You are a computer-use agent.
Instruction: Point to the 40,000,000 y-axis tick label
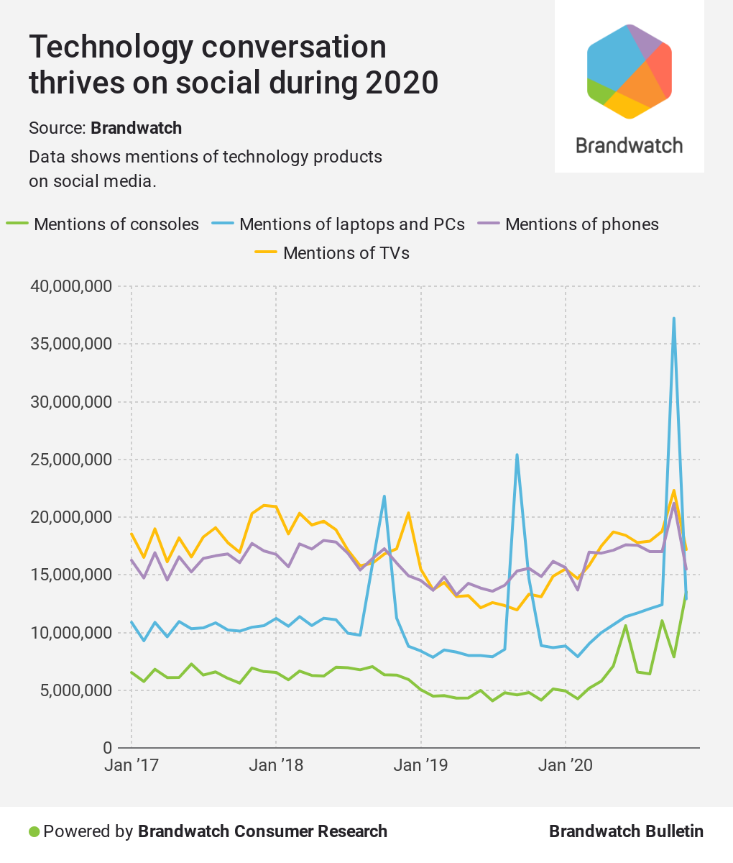point(71,286)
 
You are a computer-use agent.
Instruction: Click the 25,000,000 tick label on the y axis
point(71,460)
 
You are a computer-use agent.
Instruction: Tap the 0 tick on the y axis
point(106,748)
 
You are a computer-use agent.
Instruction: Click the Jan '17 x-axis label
point(132,765)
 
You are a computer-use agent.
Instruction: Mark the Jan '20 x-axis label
point(566,765)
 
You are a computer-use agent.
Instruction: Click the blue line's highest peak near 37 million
point(674,319)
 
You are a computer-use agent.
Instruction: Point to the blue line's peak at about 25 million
point(517,455)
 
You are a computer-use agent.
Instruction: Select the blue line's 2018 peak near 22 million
point(384,496)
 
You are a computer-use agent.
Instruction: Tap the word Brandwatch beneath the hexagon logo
point(630,145)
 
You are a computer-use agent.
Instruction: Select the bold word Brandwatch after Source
point(136,128)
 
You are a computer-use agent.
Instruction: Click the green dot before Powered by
point(34,831)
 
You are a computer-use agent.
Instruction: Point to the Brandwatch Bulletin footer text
point(626,831)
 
